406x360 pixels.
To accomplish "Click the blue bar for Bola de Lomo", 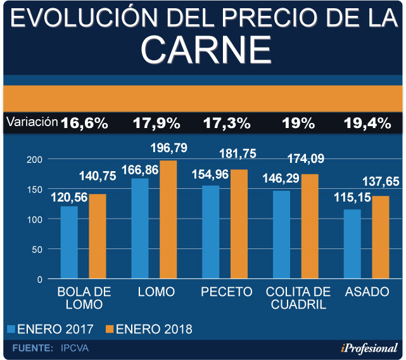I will pyautogui.click(x=69, y=242).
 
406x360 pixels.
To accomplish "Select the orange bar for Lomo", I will pyautogui.click(x=168, y=219).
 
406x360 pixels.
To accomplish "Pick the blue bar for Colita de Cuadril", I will pyautogui.click(x=282, y=235).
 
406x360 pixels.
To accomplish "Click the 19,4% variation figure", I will pyautogui.click(x=367, y=123).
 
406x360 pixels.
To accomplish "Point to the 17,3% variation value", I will pyautogui.click(x=226, y=123).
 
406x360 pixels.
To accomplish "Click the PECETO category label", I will pyautogui.click(x=226, y=292).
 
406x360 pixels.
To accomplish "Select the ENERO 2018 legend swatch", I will pyautogui.click(x=109, y=329).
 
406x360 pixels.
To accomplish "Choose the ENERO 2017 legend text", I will pyautogui.click(x=56, y=330).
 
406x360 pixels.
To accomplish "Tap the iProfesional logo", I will pyautogui.click(x=368, y=347).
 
